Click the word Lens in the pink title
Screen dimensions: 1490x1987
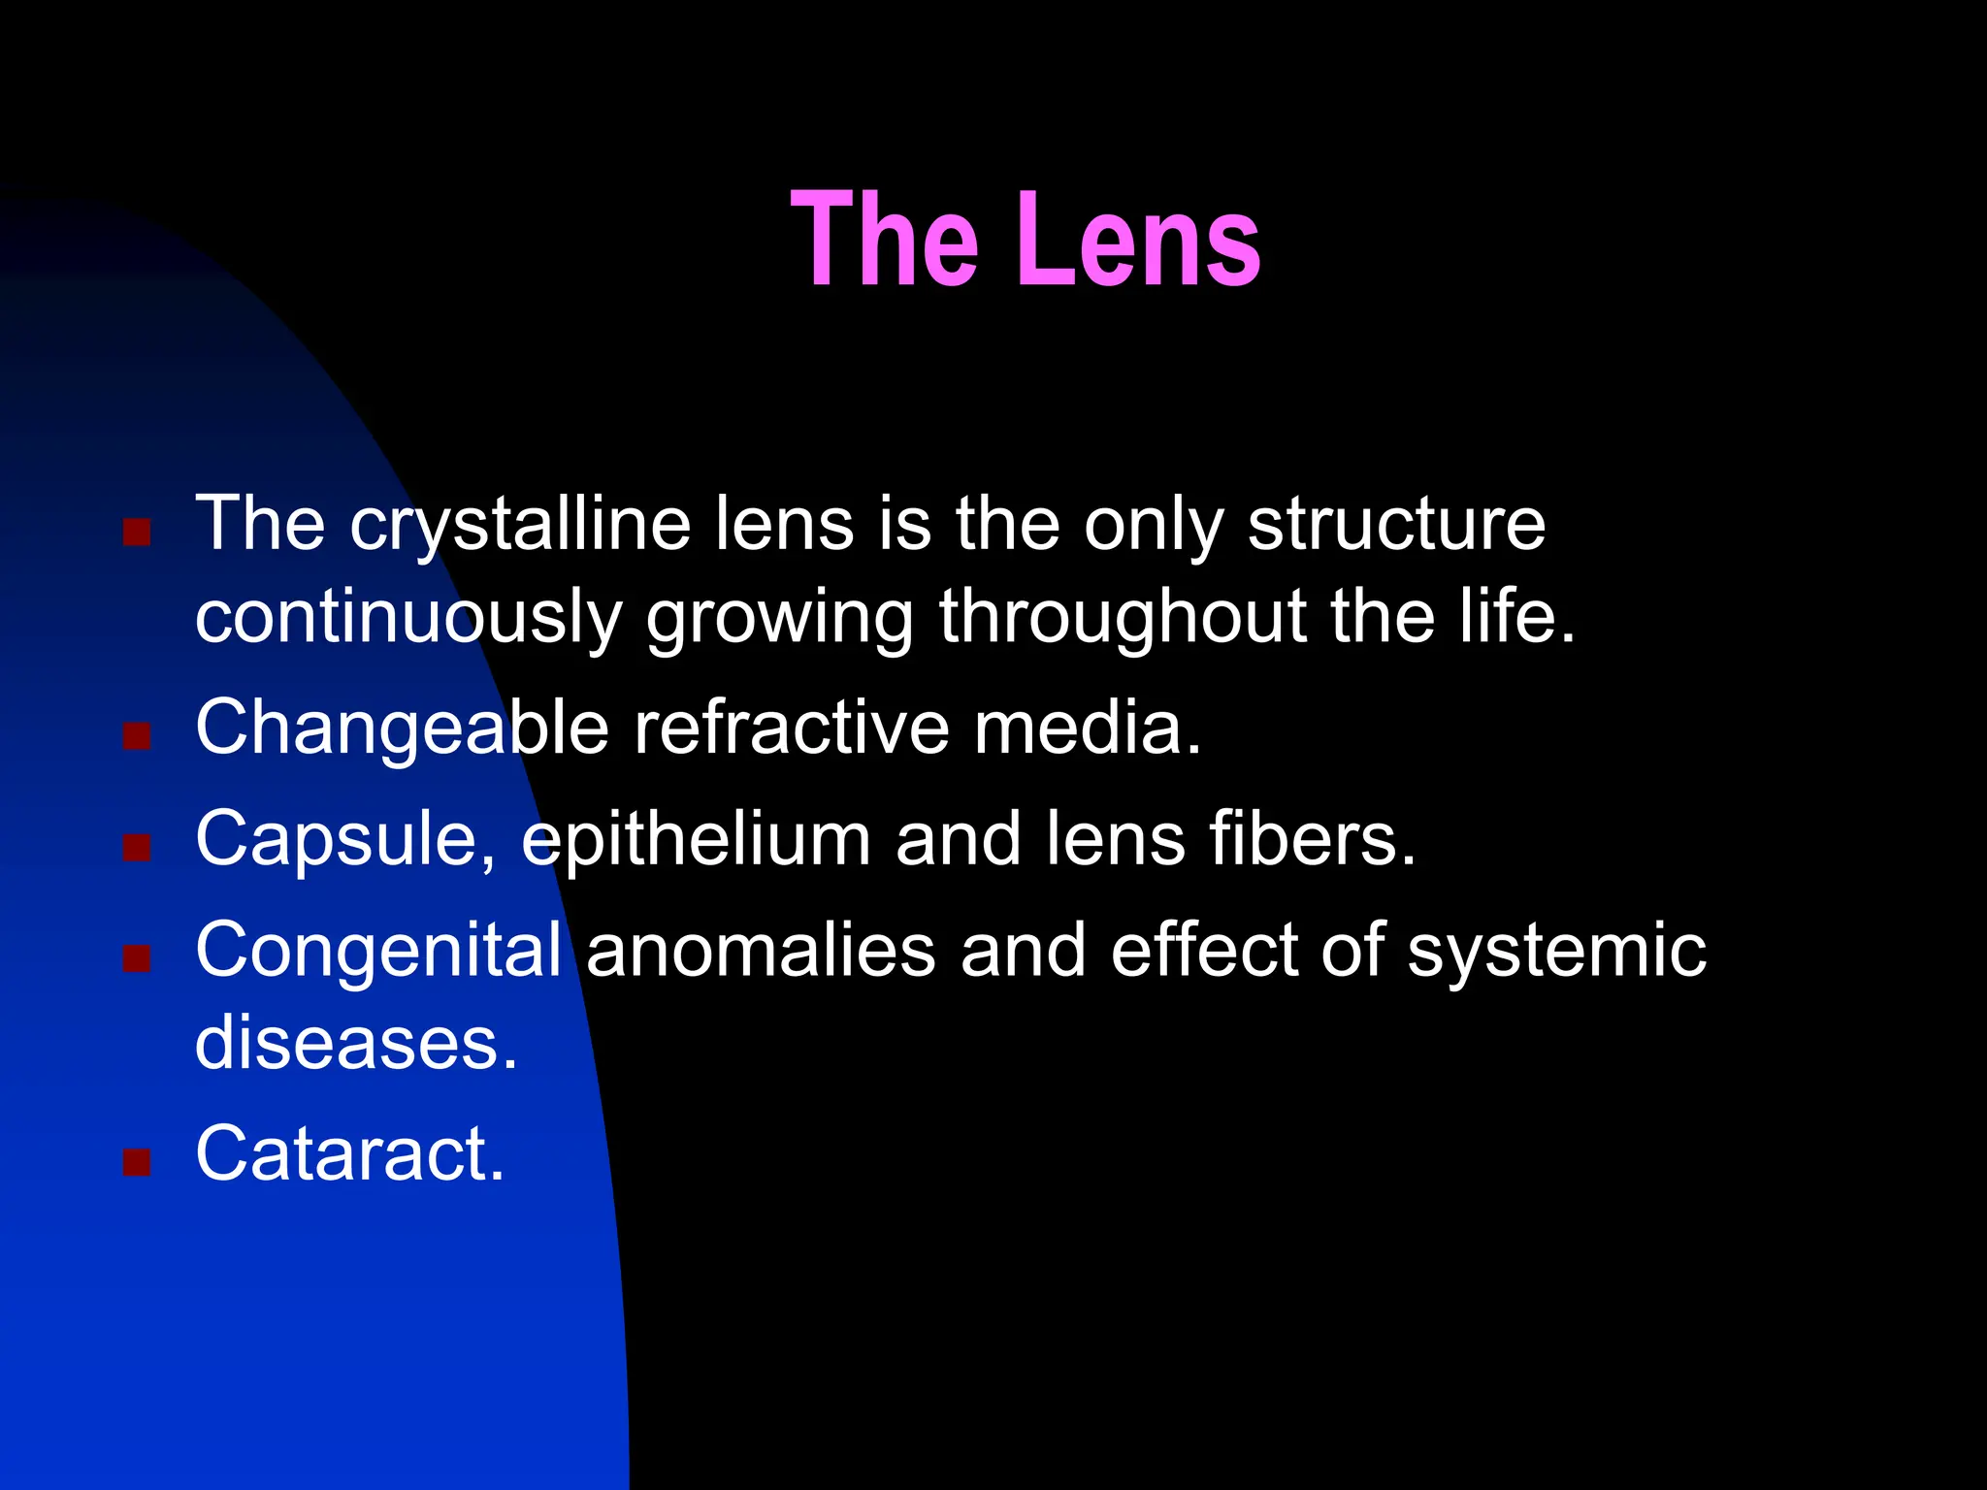point(1139,240)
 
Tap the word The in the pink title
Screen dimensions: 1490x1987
point(884,240)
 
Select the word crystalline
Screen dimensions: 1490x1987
point(519,525)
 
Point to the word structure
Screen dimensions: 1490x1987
point(1396,525)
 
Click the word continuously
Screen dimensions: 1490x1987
point(408,618)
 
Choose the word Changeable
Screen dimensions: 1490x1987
point(402,729)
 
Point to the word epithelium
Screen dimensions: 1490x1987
point(696,840)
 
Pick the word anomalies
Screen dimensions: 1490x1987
point(761,950)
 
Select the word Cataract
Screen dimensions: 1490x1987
point(350,1153)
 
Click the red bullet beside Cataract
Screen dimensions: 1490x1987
point(137,1161)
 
